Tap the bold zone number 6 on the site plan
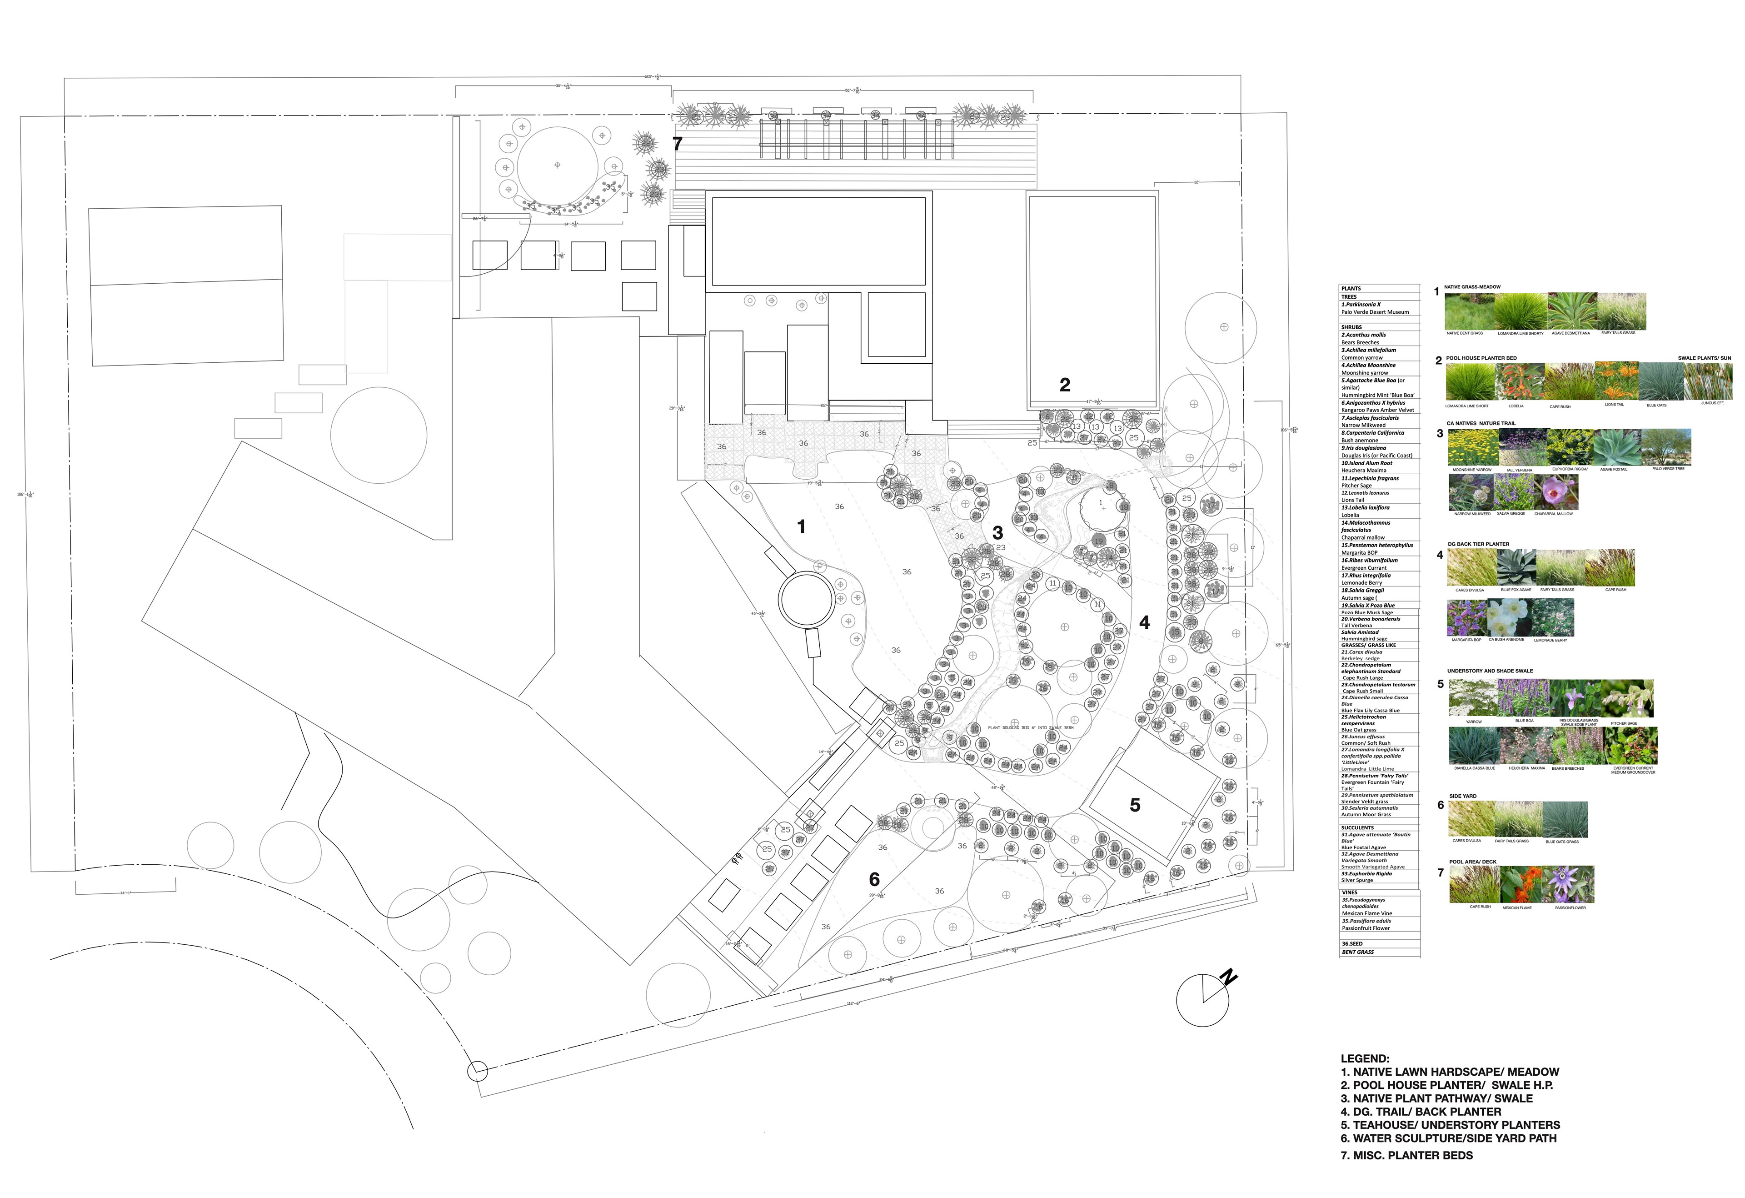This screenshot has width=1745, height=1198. pos(874,879)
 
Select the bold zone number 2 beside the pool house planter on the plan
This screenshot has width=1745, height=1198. pos(1065,385)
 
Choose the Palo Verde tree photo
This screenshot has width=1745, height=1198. pos(1668,448)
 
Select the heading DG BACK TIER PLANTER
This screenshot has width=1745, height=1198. pos(1478,544)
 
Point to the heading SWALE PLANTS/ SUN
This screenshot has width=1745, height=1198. pos(1705,358)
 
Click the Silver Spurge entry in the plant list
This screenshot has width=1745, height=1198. pos(1357,880)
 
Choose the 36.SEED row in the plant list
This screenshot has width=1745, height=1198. pos(1352,943)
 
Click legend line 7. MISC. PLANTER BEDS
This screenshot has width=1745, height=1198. pos(1406,1155)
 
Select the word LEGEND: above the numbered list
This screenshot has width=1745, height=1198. pos(1365,1058)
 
